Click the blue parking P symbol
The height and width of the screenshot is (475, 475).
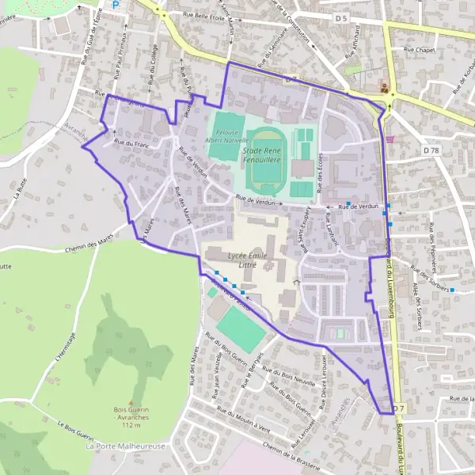coord(116,4)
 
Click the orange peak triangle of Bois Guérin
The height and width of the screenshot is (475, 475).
coord(132,401)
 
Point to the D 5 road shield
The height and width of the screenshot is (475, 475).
coord(341,17)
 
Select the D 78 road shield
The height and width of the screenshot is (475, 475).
coord(431,150)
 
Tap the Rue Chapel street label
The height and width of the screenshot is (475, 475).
coord(419,50)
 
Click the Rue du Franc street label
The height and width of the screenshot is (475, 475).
coord(131,142)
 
